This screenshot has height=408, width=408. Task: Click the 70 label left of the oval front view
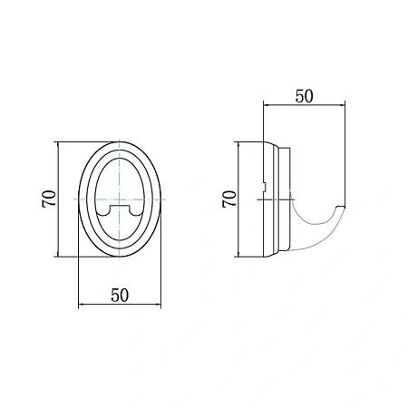pos(49,199)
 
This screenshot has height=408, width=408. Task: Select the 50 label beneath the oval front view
pos(120,295)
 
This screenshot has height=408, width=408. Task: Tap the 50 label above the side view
pos(304,96)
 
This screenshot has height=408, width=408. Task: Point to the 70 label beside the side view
pos(229,199)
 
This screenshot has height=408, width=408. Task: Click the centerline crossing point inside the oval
pos(120,199)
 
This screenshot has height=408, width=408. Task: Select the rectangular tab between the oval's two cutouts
pos(120,210)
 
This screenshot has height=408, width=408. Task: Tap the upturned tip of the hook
pos(341,208)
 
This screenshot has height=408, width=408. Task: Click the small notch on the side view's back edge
pos(264,187)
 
